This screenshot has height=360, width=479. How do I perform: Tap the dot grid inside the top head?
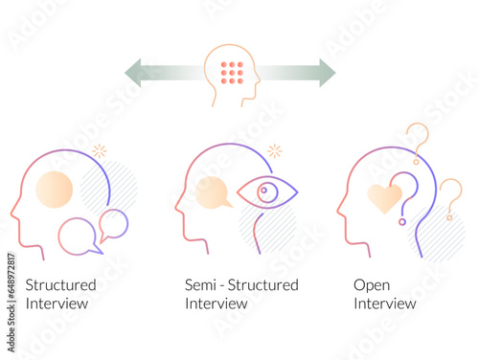point(231,73)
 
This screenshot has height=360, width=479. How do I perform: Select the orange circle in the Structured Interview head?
point(54,190)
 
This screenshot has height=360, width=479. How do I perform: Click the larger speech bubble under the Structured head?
point(78,236)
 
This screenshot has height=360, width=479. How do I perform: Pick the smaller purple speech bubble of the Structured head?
point(113,224)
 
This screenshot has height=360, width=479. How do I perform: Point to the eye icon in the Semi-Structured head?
point(266,193)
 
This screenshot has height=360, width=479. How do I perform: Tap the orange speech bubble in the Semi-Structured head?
point(213,192)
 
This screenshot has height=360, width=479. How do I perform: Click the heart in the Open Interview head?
point(384,197)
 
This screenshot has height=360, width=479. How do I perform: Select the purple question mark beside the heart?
point(409,196)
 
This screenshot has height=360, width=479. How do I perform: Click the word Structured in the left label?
point(60,285)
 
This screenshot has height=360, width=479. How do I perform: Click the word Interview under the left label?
point(57,304)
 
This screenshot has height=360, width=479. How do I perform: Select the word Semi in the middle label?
point(200,285)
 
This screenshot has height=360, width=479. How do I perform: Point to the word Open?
point(372,285)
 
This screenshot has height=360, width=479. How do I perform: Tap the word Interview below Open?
point(385,304)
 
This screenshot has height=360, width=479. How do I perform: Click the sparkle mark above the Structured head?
point(99,151)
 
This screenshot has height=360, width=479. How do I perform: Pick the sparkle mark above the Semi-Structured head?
point(275,150)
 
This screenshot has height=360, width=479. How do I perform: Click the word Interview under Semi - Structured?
point(217,304)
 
